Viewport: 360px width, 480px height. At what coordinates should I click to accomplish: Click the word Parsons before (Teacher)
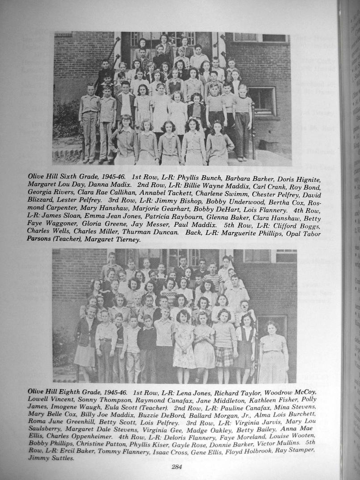(39, 239)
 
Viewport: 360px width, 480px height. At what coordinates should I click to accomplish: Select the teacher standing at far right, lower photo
(273, 352)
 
